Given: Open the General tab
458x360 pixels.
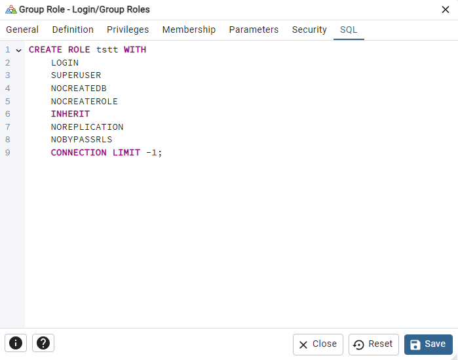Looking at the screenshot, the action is click(22, 30).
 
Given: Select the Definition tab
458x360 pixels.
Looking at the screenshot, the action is click(73, 30).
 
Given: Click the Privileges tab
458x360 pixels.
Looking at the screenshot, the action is click(128, 30).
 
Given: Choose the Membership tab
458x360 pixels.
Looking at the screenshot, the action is click(189, 30).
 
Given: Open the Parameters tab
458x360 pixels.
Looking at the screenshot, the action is click(254, 30).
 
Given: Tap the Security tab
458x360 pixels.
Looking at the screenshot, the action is click(309, 30).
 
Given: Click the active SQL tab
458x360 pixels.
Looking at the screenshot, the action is click(349, 30).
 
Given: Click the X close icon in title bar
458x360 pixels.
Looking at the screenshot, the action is click(445, 10).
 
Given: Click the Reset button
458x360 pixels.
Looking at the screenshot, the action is click(373, 344).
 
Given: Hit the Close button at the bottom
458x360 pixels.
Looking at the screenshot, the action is click(318, 344).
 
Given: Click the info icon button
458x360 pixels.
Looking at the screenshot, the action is click(16, 343).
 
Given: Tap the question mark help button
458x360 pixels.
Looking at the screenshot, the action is click(43, 343).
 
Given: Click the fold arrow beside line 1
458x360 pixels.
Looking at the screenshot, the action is click(19, 50).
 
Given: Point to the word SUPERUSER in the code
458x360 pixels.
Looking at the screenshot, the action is click(76, 75).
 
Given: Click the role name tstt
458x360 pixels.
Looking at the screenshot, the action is click(107, 50).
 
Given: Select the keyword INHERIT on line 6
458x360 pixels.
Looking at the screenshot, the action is click(70, 114).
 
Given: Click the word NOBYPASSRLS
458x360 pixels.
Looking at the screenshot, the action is click(81, 140).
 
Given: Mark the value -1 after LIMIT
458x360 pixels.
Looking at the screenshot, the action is click(151, 153).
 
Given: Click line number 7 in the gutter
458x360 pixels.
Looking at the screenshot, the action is click(8, 127).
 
